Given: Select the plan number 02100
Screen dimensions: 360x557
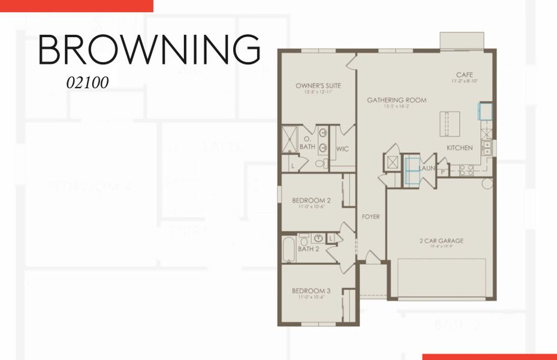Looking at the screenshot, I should point(88,83).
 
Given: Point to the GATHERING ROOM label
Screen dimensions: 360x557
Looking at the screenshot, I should point(396,100).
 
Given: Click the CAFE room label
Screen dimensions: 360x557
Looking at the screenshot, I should point(465,75).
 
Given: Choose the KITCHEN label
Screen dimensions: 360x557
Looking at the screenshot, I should point(459,148).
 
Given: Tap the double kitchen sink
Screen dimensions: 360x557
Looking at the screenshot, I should point(487,148).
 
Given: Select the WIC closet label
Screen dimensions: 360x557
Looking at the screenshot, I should point(342,148).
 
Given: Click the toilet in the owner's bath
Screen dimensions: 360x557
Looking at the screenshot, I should point(320,163).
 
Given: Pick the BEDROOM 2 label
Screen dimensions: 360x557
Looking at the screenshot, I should point(311,200).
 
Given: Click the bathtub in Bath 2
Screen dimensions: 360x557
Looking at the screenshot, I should point(289,250).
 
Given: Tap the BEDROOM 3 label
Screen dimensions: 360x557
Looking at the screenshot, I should point(311,290).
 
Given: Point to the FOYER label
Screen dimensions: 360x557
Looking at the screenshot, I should point(370,217).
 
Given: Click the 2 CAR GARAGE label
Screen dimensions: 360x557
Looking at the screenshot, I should point(441,241).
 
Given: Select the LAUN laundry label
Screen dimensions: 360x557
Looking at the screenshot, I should point(427,169).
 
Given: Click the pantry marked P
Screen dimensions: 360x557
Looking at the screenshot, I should point(443,170).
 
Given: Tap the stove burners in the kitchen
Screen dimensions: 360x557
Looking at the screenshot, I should point(466,170).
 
